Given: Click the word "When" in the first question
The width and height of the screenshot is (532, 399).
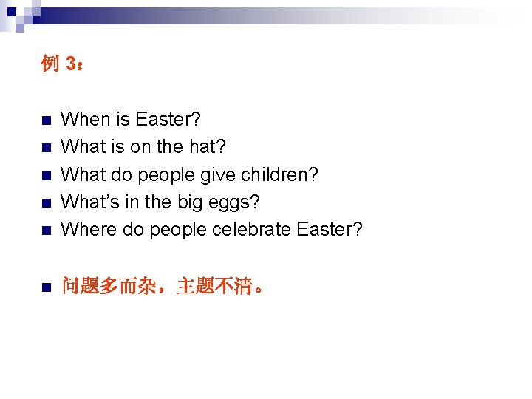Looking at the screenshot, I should (83, 119).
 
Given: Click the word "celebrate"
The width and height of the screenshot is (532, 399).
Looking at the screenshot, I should (251, 229).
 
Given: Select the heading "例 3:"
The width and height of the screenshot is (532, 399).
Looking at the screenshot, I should (62, 64).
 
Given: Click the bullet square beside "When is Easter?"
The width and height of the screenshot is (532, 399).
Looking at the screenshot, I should (45, 120).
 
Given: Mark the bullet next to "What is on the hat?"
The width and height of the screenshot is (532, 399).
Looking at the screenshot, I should (45, 148).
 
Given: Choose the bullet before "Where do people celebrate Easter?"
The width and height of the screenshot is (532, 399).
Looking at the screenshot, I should (45, 231).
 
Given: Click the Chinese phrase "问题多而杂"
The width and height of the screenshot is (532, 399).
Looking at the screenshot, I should (109, 287).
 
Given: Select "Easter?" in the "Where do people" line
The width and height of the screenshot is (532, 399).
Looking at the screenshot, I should (330, 229).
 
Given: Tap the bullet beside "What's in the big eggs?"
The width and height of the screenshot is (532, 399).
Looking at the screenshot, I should (45, 203).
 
